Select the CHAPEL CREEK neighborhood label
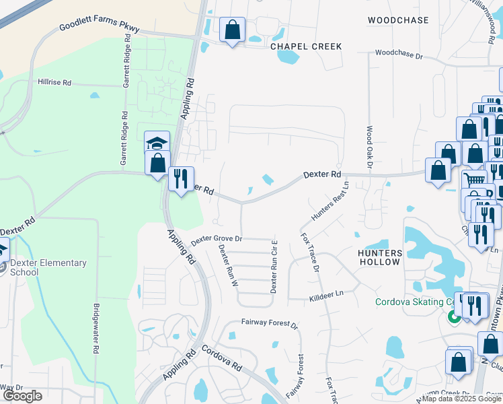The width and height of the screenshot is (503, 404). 306,46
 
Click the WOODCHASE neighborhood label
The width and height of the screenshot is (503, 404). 398,20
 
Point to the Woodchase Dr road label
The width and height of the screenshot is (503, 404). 399,53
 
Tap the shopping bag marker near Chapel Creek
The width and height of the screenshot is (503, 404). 232,30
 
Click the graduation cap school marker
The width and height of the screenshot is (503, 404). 157,143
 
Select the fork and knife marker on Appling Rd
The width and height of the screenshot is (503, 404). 180,179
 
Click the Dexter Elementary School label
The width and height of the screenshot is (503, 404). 48,267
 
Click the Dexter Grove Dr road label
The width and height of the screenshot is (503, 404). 216,239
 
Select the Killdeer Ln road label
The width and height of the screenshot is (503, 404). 325,294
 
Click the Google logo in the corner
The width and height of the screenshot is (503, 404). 23,396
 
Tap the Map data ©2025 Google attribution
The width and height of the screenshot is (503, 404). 461,399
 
